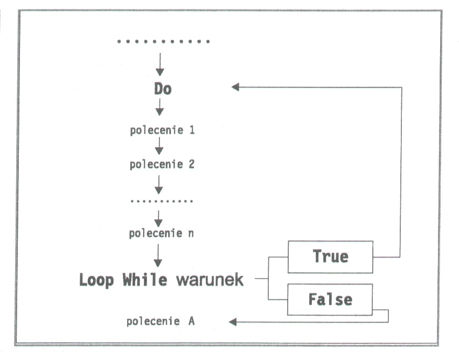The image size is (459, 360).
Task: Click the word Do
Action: coord(162,88)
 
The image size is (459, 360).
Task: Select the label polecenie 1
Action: coord(162,130)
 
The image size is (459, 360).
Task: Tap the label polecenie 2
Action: coord(162,164)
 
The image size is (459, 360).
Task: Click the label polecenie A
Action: coord(161,322)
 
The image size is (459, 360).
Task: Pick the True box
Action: coord(330,257)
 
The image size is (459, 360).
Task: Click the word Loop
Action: coord(98,280)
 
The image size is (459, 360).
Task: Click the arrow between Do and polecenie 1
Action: coord(159,109)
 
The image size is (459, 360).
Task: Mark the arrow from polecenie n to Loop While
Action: coord(158,255)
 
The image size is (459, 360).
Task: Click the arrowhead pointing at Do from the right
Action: coord(235,87)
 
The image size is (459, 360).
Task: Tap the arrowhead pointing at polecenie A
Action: coord(233,322)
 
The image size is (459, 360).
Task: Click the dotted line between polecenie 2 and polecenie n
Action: coord(162,202)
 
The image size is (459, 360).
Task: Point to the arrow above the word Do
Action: coord(159,66)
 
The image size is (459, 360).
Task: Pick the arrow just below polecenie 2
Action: coord(158,184)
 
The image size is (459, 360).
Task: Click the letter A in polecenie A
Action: coord(191,322)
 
